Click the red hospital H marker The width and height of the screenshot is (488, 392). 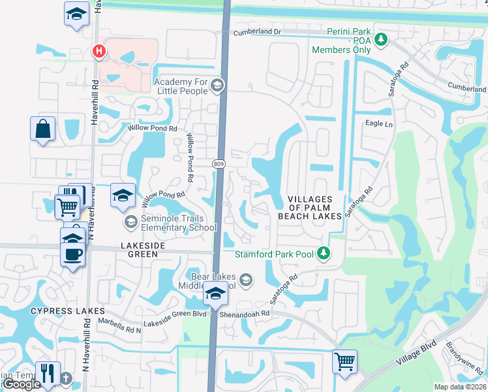click(x=99, y=50)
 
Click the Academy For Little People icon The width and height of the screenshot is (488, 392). click(x=217, y=85)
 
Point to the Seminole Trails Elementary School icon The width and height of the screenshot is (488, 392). click(x=130, y=223)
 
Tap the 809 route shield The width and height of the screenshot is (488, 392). click(x=219, y=162)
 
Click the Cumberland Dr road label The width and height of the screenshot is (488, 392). click(x=258, y=31)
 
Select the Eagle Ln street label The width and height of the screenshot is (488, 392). click(x=379, y=123)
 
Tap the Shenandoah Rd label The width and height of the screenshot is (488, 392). click(x=247, y=314)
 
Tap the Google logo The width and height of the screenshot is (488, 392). click(x=22, y=384)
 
